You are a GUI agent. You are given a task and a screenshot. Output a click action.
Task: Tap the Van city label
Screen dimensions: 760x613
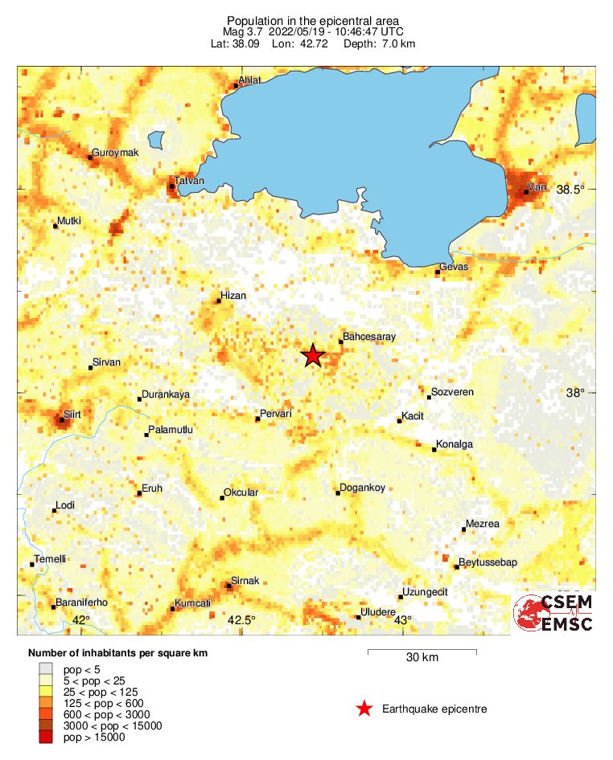[x=537, y=187]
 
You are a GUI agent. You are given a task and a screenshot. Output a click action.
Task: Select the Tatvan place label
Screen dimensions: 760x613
[x=190, y=181]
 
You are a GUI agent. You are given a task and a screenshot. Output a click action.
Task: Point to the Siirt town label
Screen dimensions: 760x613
[x=72, y=413]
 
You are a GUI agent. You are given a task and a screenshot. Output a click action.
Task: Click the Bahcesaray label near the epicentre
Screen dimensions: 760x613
[x=369, y=337]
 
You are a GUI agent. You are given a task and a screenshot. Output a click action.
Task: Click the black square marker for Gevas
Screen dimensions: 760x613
[x=438, y=272]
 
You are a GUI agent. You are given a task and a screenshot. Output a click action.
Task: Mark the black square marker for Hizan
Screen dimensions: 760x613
[x=218, y=301]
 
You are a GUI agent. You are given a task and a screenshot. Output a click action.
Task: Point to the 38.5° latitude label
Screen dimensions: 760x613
[x=570, y=190]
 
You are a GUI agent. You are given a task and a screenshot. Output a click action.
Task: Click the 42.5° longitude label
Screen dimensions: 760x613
[x=241, y=619]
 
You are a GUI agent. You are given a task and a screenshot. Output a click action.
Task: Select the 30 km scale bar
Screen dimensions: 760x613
[x=422, y=651]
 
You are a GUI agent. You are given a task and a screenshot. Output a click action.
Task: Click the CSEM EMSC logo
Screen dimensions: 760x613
[x=553, y=614]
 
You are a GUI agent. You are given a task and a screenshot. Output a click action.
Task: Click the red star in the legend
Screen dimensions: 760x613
[x=364, y=709]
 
